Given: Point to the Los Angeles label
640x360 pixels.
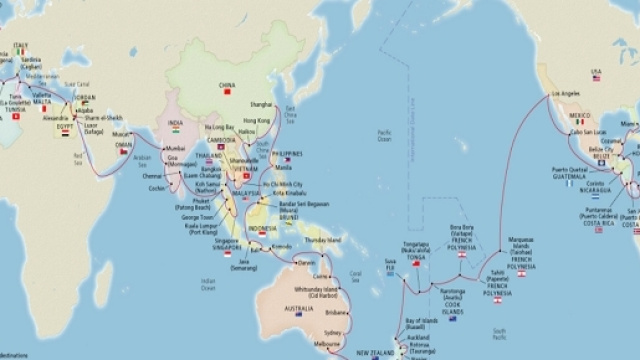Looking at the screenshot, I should pos(565,96).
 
